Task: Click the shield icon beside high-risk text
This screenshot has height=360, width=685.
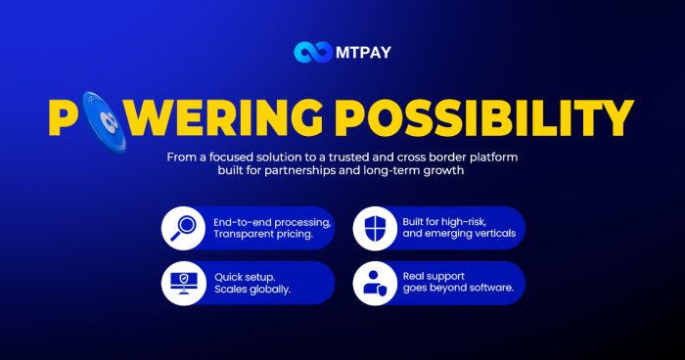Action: pyautogui.click(x=376, y=228)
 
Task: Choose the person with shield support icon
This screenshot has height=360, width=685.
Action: pyautogui.click(x=376, y=283)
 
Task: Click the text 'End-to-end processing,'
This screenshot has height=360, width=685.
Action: pyautogui.click(x=271, y=221)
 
